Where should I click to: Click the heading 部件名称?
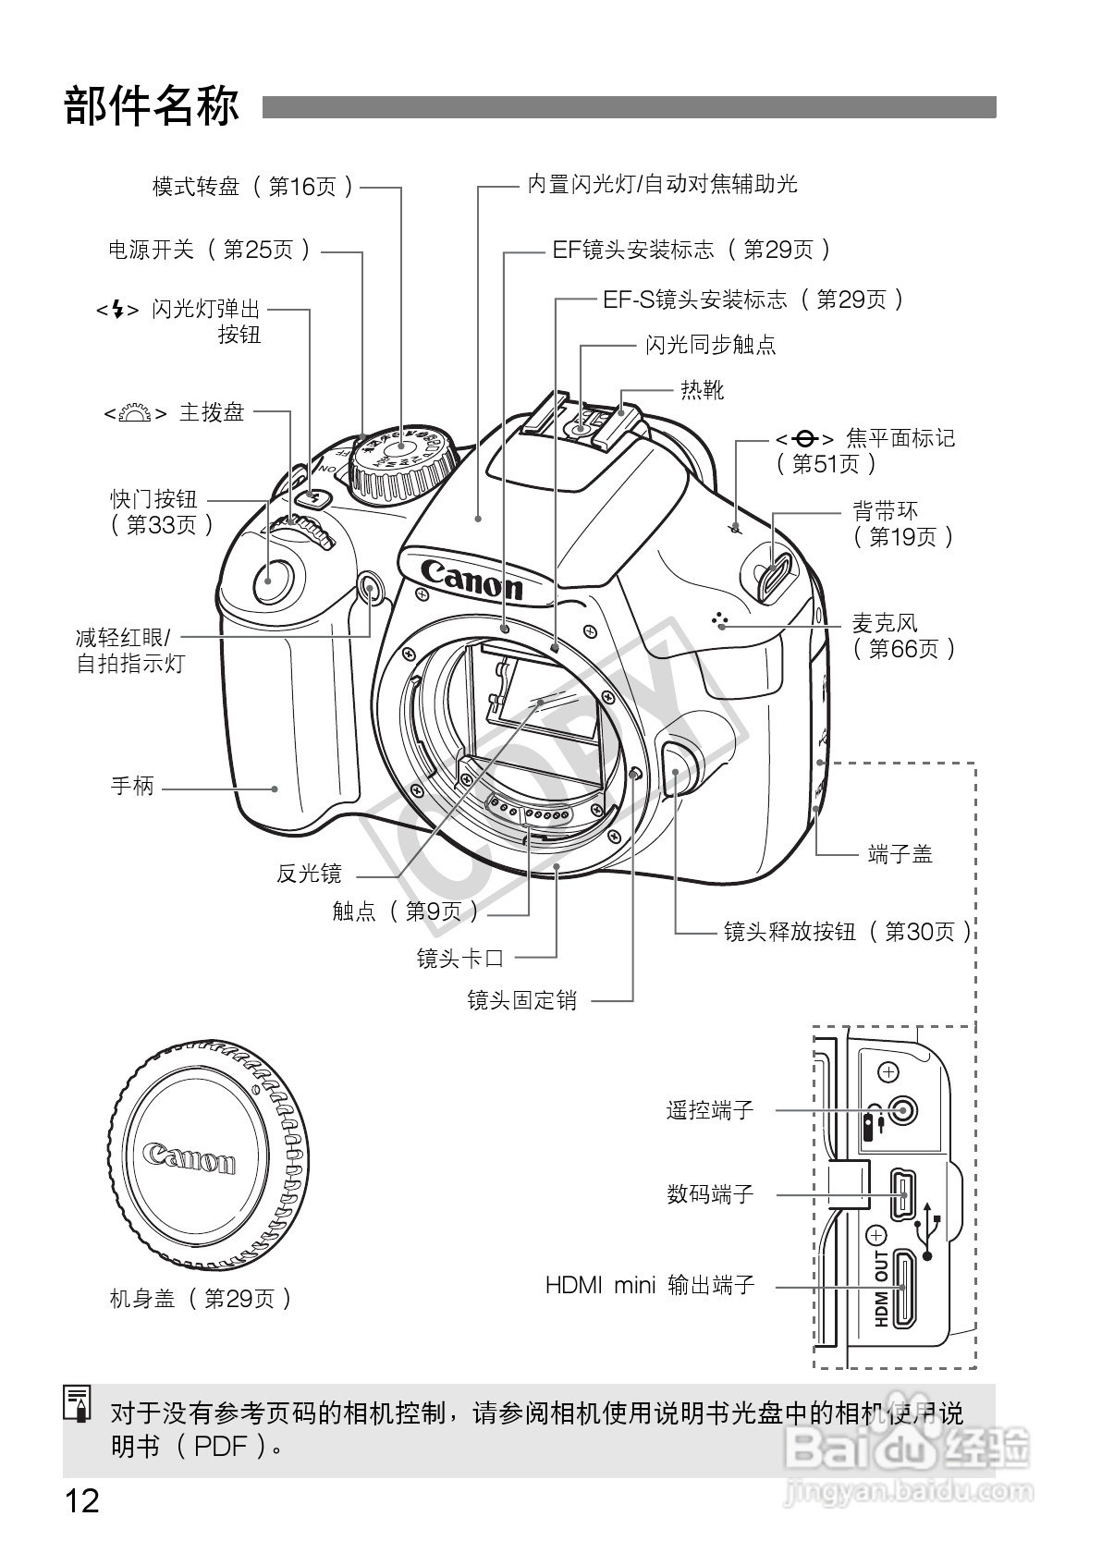pos(152,107)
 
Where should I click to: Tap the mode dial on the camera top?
pos(403,457)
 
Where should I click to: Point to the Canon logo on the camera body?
pos(471,580)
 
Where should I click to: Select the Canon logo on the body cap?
pos(190,1157)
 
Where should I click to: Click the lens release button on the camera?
pos(679,765)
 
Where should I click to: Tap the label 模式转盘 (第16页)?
pos(252,188)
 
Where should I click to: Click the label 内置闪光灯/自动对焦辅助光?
pos(662,185)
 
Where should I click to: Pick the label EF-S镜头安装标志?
pos(753,300)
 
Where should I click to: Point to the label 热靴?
pos(702,390)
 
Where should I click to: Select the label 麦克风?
pos(884,623)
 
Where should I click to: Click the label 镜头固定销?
pos(521,1000)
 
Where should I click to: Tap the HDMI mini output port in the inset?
pos(903,1287)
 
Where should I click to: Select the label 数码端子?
pos(710,1194)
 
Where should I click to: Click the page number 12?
pos(81,1500)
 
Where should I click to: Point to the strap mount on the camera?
pos(775,565)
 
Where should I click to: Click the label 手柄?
pos(132,788)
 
